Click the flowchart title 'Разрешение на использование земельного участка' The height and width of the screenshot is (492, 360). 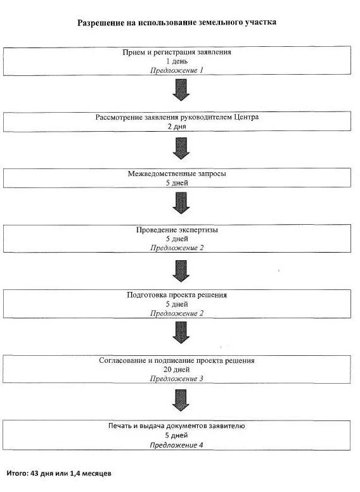tap(177, 23)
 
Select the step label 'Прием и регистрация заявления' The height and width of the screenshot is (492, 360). tap(177, 52)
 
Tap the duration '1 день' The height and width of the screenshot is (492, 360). tap(177, 61)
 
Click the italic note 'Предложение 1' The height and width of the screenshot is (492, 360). tap(177, 70)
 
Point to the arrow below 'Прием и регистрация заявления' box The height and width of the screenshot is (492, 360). tap(181, 90)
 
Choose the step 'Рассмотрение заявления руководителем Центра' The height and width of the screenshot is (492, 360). tap(177, 117)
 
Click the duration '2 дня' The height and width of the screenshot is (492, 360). tap(177, 127)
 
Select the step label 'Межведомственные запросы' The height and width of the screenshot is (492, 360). tap(177, 173)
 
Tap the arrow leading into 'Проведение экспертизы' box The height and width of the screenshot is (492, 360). tap(181, 203)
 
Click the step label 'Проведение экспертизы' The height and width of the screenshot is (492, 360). tap(177, 230)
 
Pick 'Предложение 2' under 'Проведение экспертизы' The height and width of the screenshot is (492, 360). tap(177, 248)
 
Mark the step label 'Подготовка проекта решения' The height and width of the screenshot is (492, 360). tap(177, 295)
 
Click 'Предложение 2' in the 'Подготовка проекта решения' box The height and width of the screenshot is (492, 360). tap(177, 313)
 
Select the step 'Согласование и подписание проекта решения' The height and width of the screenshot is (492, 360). tap(177, 360)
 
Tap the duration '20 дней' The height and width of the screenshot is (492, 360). tap(177, 370)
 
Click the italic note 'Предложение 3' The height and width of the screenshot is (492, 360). tap(177, 379)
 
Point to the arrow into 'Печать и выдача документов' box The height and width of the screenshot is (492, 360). tap(181, 400)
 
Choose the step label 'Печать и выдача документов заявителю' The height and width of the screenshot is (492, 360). tap(177, 426)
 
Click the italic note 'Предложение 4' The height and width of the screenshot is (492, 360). tap(177, 445)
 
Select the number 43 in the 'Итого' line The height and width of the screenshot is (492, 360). tap(35, 473)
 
